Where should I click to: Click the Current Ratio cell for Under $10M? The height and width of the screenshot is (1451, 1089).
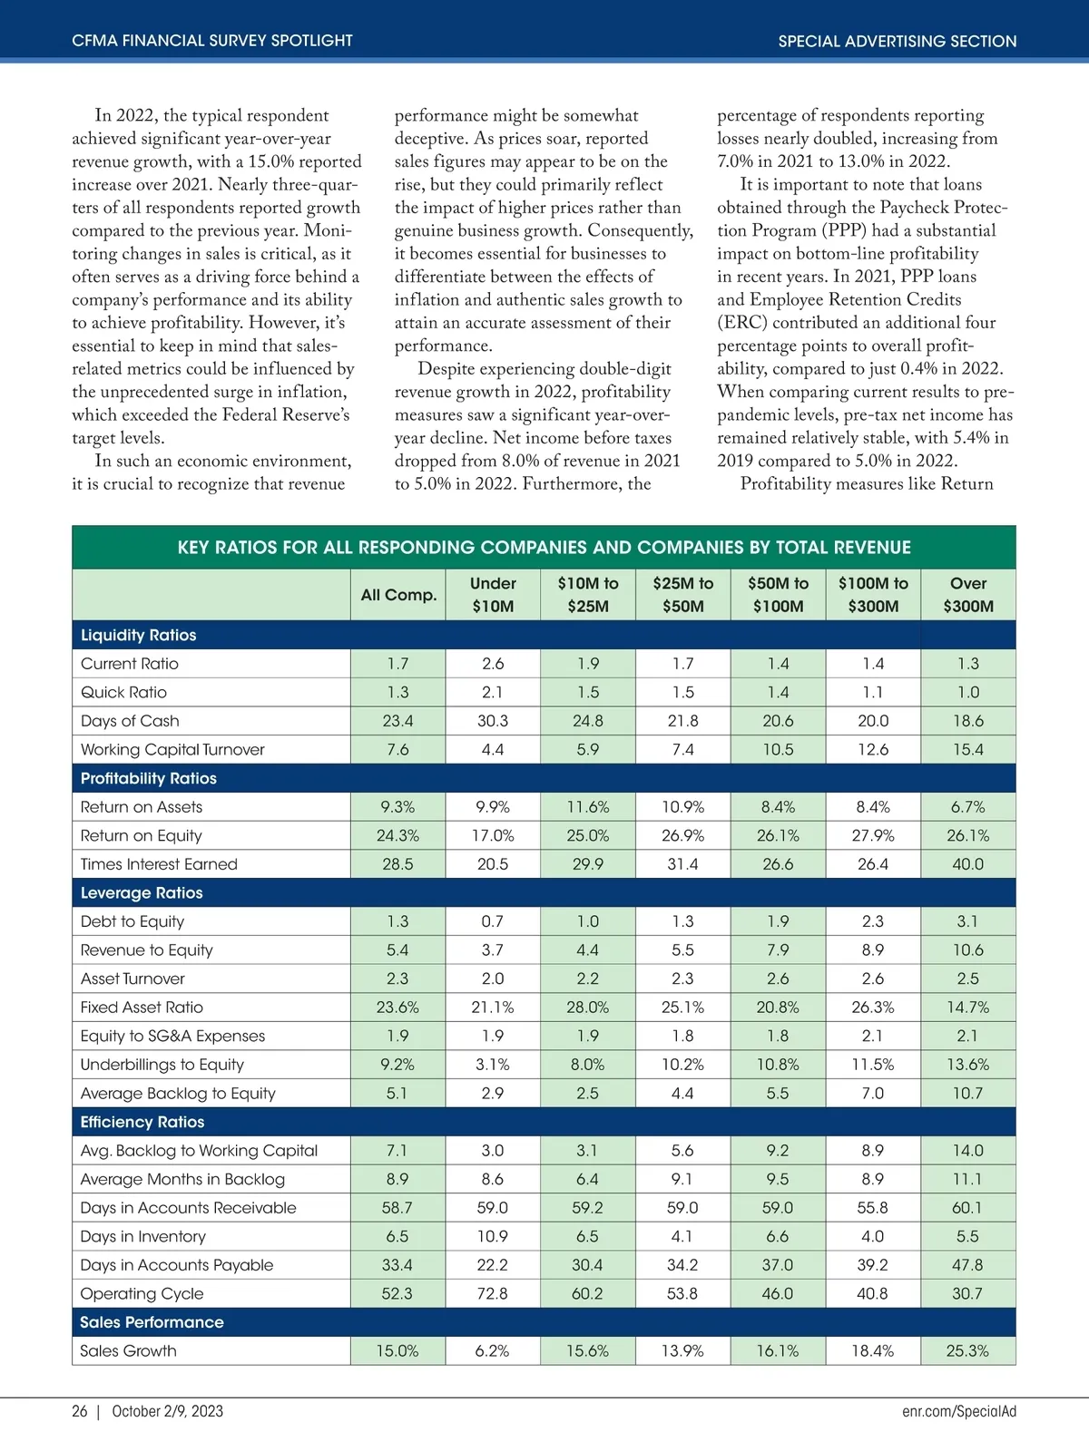click(x=493, y=664)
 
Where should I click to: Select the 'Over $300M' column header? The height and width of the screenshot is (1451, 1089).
click(x=967, y=595)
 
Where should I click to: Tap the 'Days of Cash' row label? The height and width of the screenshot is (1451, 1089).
click(x=130, y=721)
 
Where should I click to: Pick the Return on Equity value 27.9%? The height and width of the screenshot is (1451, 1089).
click(x=873, y=835)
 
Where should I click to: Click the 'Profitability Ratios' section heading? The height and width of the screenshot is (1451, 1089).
click(x=149, y=778)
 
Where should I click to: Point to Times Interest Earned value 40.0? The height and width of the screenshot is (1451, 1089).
click(x=967, y=864)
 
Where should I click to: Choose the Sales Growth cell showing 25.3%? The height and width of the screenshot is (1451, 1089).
click(x=967, y=1350)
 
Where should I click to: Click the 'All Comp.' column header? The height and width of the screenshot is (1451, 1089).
click(x=398, y=595)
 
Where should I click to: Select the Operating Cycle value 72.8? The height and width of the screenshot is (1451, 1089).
click(x=493, y=1293)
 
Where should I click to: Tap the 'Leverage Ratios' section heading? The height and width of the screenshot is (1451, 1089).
click(x=142, y=892)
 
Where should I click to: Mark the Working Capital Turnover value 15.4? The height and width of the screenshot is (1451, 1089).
click(x=967, y=749)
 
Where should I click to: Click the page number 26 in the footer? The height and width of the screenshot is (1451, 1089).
click(x=80, y=1411)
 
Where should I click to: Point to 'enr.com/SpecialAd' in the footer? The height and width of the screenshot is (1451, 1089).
click(x=959, y=1411)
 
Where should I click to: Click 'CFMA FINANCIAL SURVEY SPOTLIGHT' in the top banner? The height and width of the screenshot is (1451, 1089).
click(x=212, y=41)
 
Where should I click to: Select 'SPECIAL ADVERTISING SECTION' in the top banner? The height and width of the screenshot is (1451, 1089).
click(x=897, y=41)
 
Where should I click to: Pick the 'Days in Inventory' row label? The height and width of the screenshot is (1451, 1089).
click(x=143, y=1236)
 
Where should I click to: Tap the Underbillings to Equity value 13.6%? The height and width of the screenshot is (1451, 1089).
click(x=967, y=1065)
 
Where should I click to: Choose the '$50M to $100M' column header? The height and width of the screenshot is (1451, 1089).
click(x=778, y=595)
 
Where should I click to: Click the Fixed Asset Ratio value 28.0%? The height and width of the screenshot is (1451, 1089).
click(x=588, y=1008)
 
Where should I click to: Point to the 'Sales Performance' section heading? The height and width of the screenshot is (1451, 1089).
click(x=152, y=1322)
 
